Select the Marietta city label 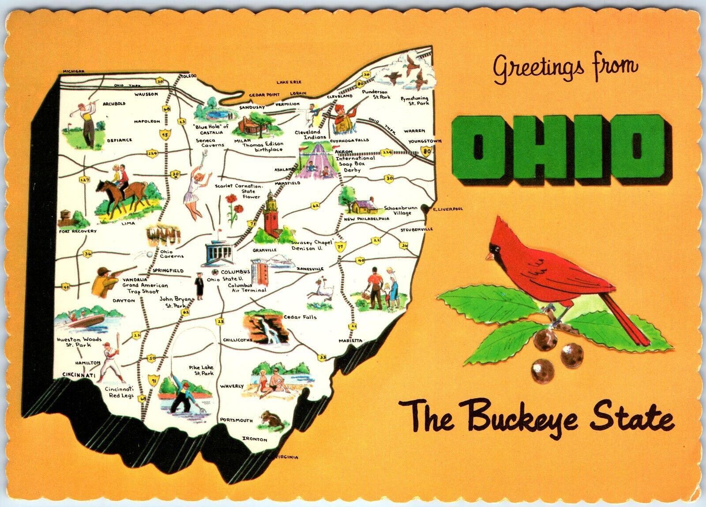[351, 340]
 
